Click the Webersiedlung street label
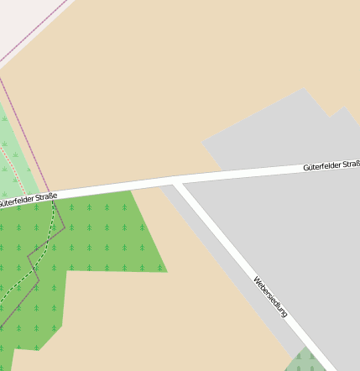pos(270,296)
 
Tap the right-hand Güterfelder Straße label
pos(331,167)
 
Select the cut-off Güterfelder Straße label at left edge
pos(28,200)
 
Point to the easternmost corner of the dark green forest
pos(167,271)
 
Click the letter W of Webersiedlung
pos(255,279)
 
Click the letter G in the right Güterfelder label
pos(306,170)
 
